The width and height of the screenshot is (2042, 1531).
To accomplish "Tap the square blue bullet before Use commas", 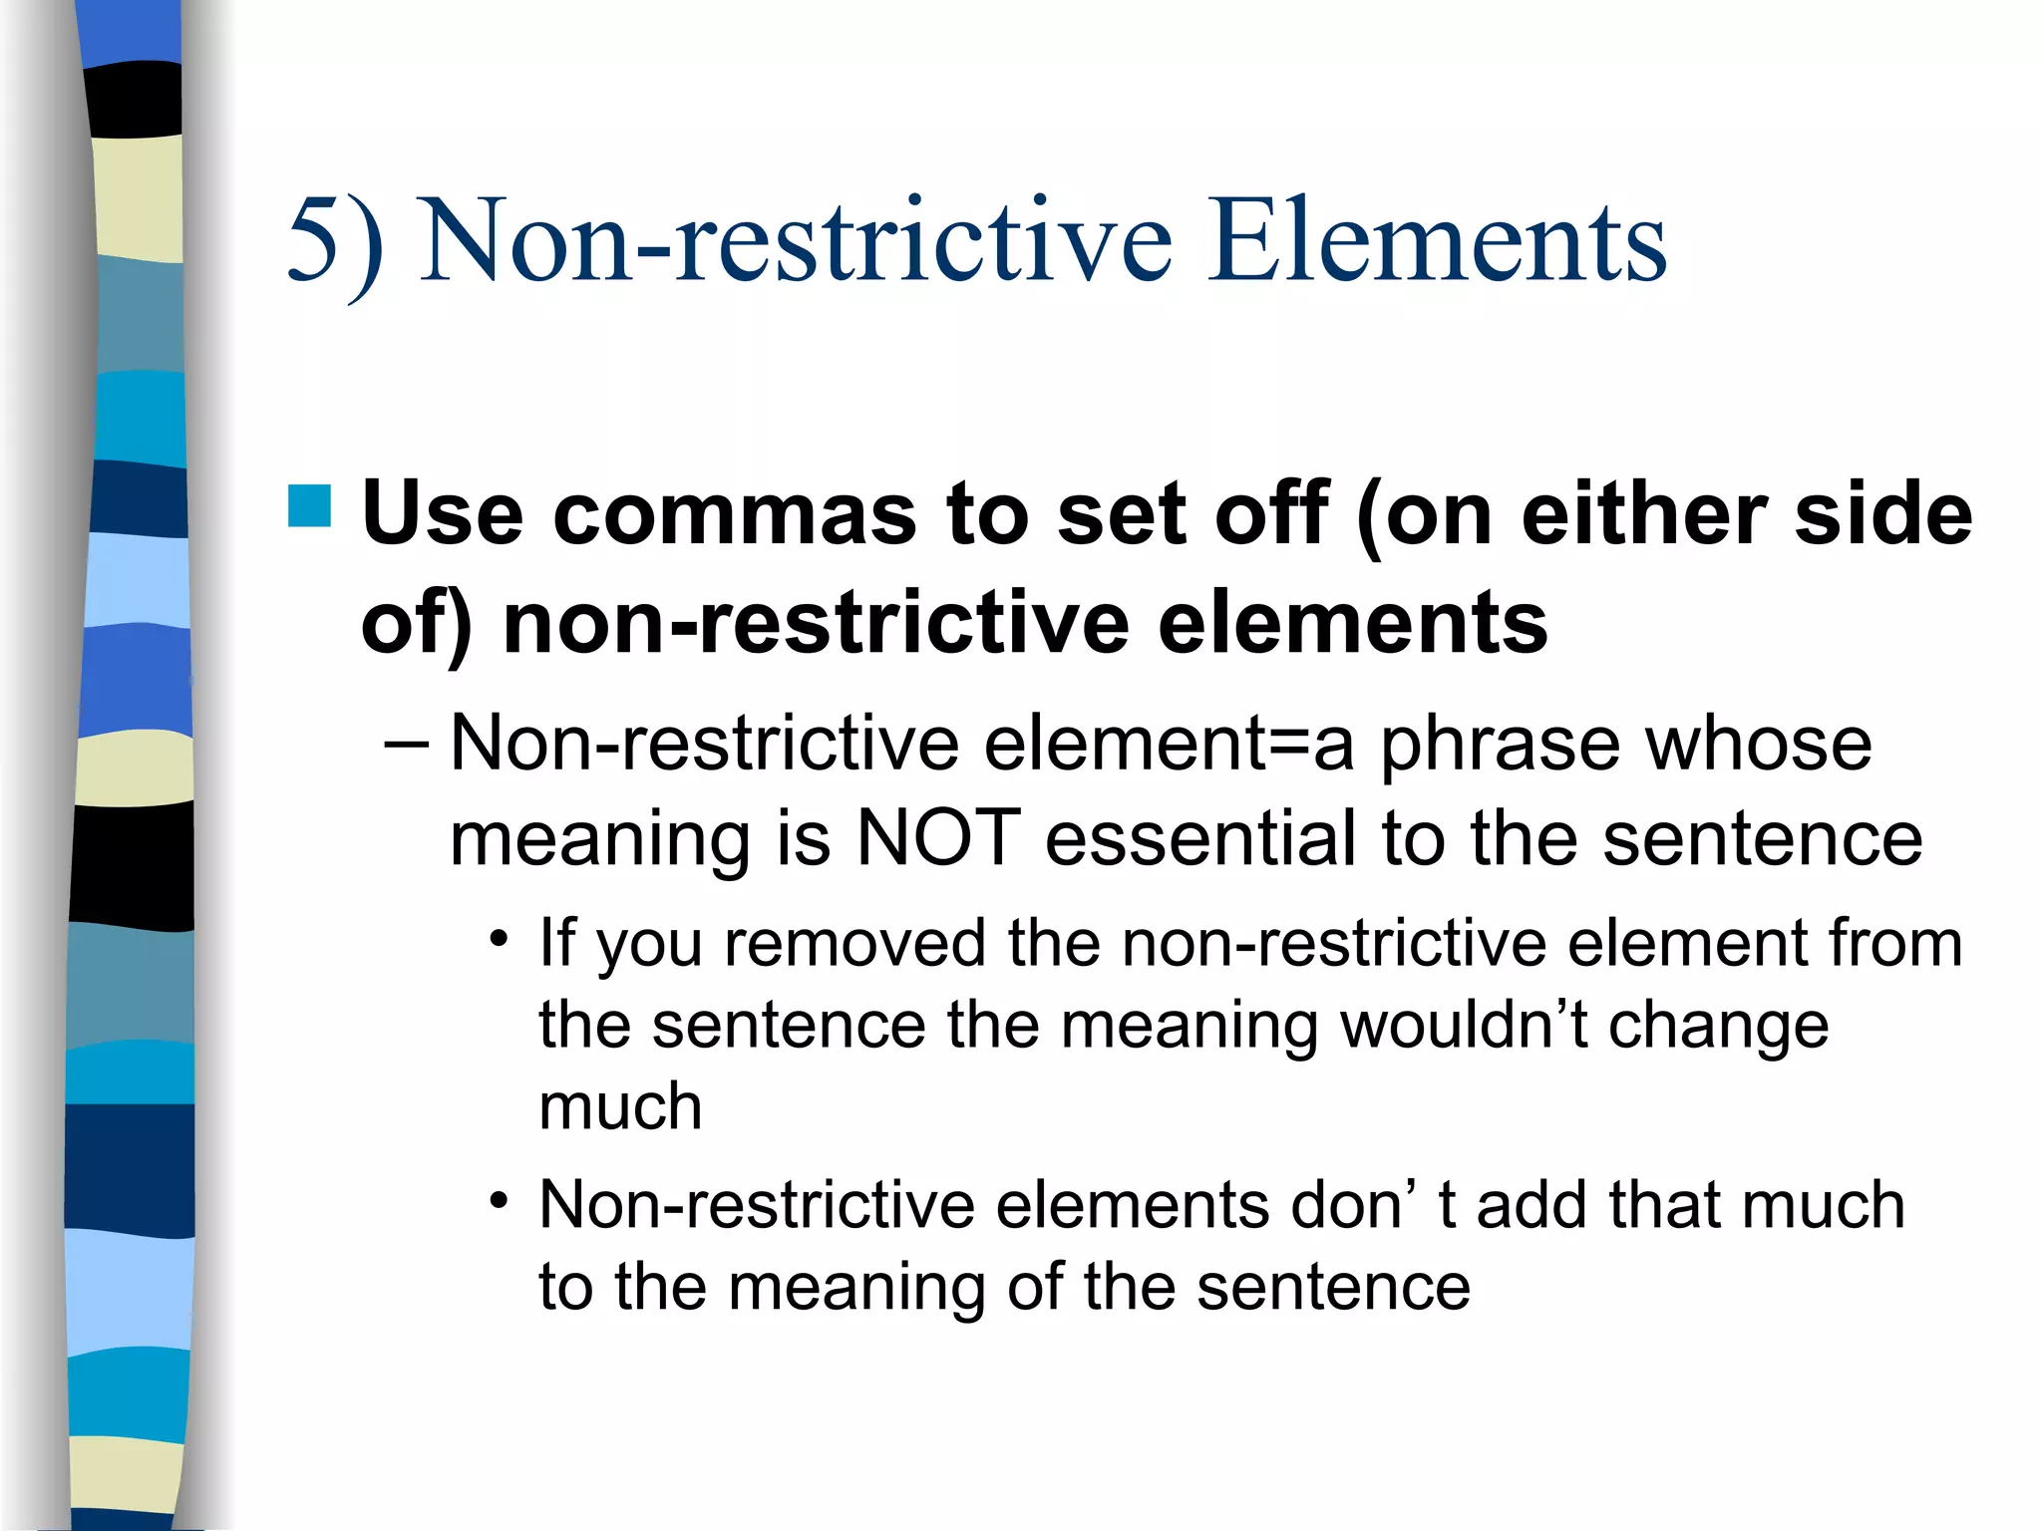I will (x=309, y=505).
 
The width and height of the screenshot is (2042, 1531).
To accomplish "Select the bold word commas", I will (x=734, y=514).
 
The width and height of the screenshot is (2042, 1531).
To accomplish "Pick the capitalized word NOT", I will (x=938, y=837).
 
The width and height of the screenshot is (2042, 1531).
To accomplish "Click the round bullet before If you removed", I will (x=500, y=939).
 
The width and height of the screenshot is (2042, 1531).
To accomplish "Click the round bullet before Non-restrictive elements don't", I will (x=500, y=1200).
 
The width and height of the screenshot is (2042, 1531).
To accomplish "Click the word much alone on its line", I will (x=620, y=1106).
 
